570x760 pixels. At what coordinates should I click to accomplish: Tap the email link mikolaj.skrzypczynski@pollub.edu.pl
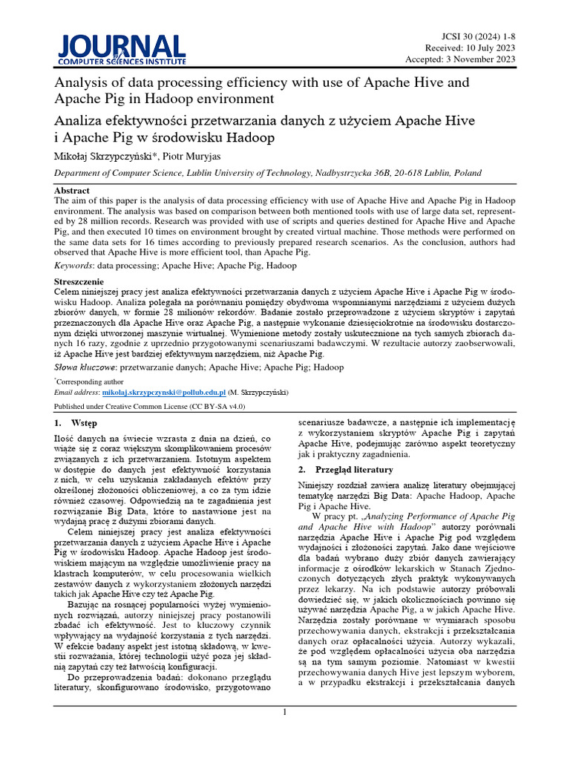[x=163, y=392]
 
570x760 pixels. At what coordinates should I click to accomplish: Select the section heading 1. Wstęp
[x=76, y=424]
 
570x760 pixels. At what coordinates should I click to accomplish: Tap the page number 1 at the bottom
[x=285, y=712]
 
